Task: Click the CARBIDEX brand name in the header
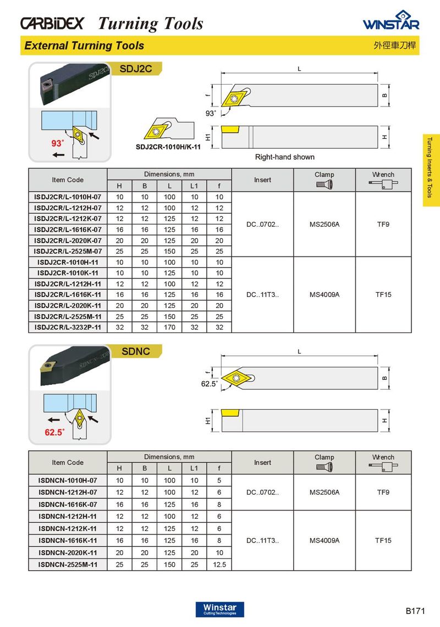52,24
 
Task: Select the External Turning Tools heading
84,46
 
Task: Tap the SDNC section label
135,351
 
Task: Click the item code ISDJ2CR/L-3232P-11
68,327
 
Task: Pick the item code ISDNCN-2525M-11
68,564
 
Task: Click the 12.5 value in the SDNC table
219,564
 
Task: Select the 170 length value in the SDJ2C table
169,327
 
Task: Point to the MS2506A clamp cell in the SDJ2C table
324,225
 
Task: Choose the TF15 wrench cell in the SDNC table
383,540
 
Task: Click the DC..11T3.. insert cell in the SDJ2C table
262,295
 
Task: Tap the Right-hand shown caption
285,157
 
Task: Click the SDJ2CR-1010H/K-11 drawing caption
168,147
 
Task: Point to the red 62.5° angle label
55,432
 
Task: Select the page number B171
416,611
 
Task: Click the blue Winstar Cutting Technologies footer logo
219,609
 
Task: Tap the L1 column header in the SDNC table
194,468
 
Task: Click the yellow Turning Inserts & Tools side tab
431,170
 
